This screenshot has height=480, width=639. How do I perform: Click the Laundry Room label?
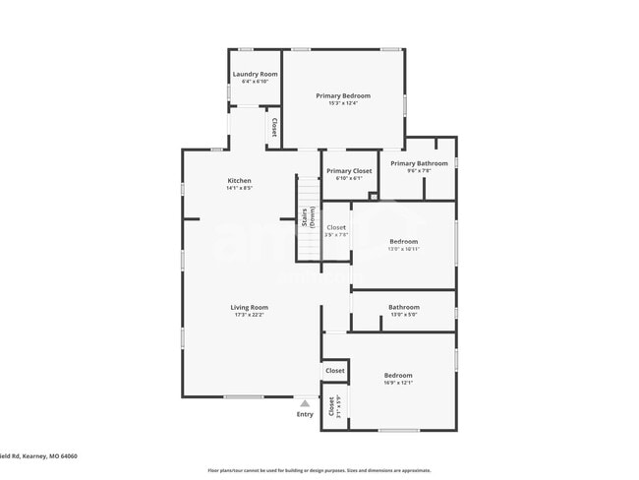pyautogui.click(x=255, y=74)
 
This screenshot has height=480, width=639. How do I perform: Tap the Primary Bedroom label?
pyautogui.click(x=343, y=95)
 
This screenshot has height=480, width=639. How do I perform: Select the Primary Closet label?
pyautogui.click(x=349, y=171)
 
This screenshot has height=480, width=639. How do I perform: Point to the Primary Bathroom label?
pyautogui.click(x=419, y=163)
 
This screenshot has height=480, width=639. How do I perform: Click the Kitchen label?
pyautogui.click(x=240, y=181)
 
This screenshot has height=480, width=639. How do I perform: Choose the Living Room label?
pyautogui.click(x=250, y=307)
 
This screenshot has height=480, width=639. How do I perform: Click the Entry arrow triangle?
pyautogui.click(x=305, y=403)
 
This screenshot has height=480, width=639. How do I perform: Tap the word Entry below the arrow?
pyautogui.click(x=305, y=414)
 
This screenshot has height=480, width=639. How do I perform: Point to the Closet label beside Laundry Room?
pyautogui.click(x=273, y=128)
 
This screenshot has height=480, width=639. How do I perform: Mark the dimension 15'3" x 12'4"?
pyautogui.click(x=343, y=102)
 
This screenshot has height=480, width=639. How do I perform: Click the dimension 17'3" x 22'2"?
pyautogui.click(x=250, y=314)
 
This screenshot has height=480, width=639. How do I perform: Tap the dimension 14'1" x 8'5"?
pyautogui.click(x=240, y=188)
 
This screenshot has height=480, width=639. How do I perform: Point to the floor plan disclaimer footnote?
pyautogui.click(x=319, y=470)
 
